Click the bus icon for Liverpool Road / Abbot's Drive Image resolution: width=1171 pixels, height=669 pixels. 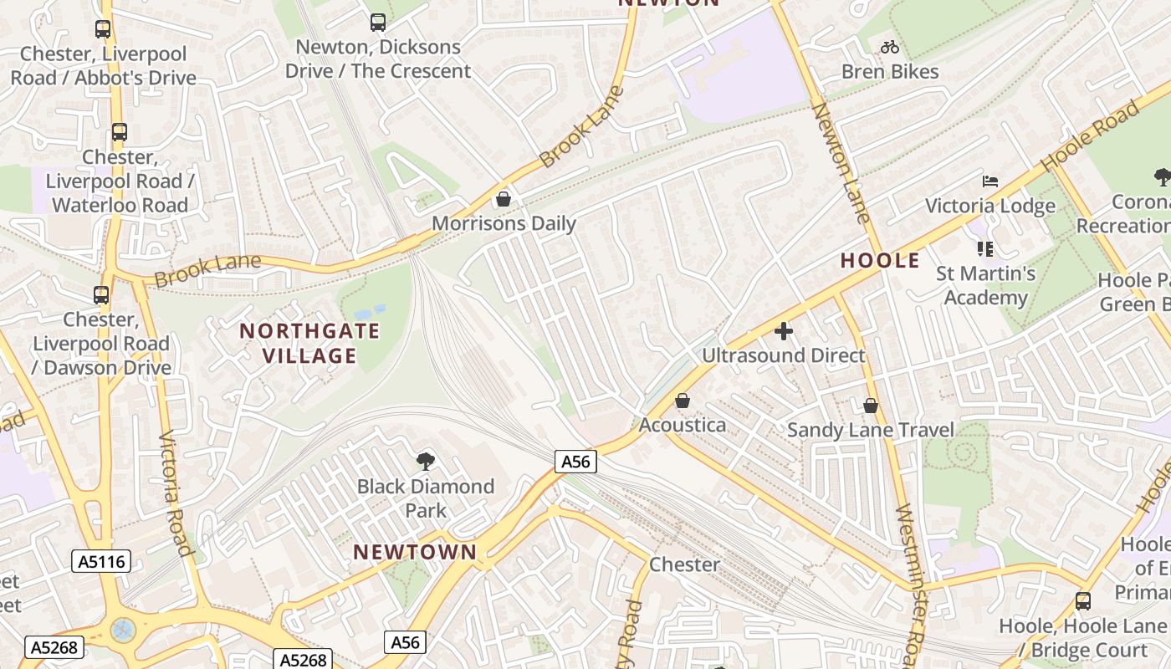pyautogui.click(x=103, y=29)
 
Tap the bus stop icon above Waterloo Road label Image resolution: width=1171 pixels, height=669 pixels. pyautogui.click(x=120, y=132)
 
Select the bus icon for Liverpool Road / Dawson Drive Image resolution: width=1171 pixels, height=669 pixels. pyautogui.click(x=101, y=294)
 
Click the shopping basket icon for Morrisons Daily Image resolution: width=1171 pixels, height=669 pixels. pyautogui.click(x=504, y=199)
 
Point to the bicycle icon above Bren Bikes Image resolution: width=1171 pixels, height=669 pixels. pyautogui.click(x=890, y=47)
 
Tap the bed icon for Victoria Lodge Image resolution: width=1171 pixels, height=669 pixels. pyautogui.click(x=990, y=181)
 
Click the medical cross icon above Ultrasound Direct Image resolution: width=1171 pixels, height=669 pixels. pyautogui.click(x=784, y=331)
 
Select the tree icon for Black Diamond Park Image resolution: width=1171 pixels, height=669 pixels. pyautogui.click(x=426, y=461)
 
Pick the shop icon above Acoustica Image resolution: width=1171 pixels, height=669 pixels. pyautogui.click(x=683, y=401)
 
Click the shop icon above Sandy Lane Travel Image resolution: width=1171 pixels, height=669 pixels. pyautogui.click(x=871, y=406)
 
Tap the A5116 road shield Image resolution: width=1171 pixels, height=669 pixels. pyautogui.click(x=101, y=561)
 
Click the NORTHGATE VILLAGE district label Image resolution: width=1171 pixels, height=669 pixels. pyautogui.click(x=310, y=343)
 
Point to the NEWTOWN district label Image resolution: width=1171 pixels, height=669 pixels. pyautogui.click(x=415, y=552)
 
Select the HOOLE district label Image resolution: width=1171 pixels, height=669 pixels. pyautogui.click(x=880, y=260)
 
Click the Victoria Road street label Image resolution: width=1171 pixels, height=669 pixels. pyautogui.click(x=176, y=493)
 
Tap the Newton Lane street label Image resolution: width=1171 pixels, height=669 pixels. pyautogui.click(x=841, y=163)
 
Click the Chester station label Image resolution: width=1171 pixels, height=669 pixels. pyautogui.click(x=684, y=564)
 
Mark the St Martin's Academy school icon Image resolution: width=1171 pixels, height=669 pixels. pyautogui.click(x=985, y=249)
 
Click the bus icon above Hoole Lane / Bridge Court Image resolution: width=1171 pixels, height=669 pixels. pyautogui.click(x=1083, y=600)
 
